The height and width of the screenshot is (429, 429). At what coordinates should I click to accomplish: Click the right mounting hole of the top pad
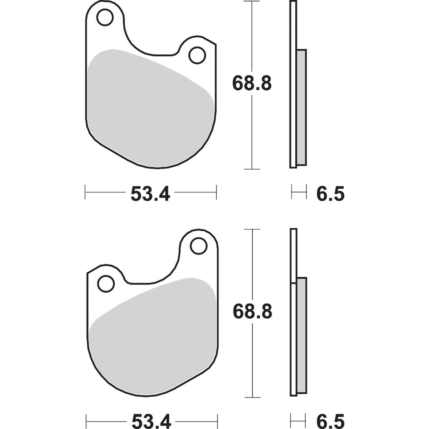pyautogui.click(x=197, y=55)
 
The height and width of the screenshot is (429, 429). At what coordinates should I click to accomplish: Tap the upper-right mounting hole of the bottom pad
pyautogui.click(x=198, y=246)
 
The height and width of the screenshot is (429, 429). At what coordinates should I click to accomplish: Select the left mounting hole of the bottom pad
pyautogui.click(x=106, y=284)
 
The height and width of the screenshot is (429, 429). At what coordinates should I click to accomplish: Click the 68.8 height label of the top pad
pyautogui.click(x=252, y=84)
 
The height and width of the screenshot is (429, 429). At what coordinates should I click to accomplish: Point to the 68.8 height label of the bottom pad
pyautogui.click(x=252, y=312)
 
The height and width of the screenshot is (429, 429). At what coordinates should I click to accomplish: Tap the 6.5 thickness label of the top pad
pyautogui.click(x=330, y=194)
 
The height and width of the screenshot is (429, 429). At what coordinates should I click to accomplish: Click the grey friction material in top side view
pyautogui.click(x=301, y=107)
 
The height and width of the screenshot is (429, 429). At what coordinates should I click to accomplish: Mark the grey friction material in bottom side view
pyautogui.click(x=302, y=335)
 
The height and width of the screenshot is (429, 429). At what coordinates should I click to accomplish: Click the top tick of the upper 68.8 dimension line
pyautogui.click(x=252, y=1)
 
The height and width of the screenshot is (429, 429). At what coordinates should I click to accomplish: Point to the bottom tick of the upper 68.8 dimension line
pyautogui.click(x=252, y=169)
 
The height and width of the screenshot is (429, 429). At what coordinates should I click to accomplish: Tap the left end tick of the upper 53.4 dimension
pyautogui.click(x=85, y=192)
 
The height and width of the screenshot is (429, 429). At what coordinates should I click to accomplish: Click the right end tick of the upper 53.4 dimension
pyautogui.click(x=216, y=192)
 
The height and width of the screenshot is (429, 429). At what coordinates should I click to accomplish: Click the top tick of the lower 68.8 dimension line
pyautogui.click(x=252, y=229)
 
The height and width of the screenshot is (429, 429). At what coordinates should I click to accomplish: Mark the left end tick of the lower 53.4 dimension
pyautogui.click(x=86, y=420)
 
